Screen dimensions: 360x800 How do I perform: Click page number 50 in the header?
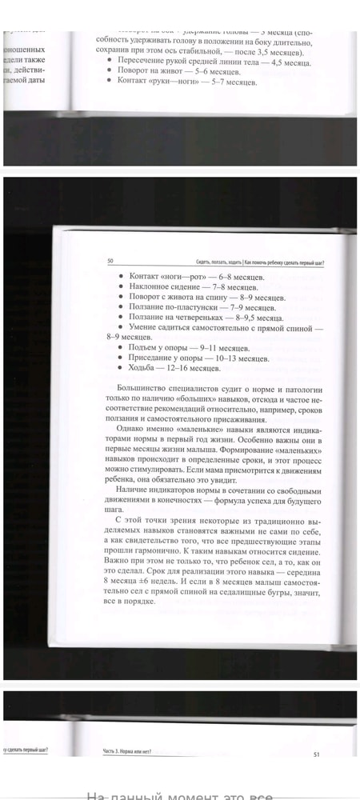pyautogui.click(x=110, y=261)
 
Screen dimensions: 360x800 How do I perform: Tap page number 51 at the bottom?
pyautogui.click(x=317, y=754)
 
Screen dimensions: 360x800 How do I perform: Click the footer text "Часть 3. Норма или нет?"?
pyautogui.click(x=129, y=750)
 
